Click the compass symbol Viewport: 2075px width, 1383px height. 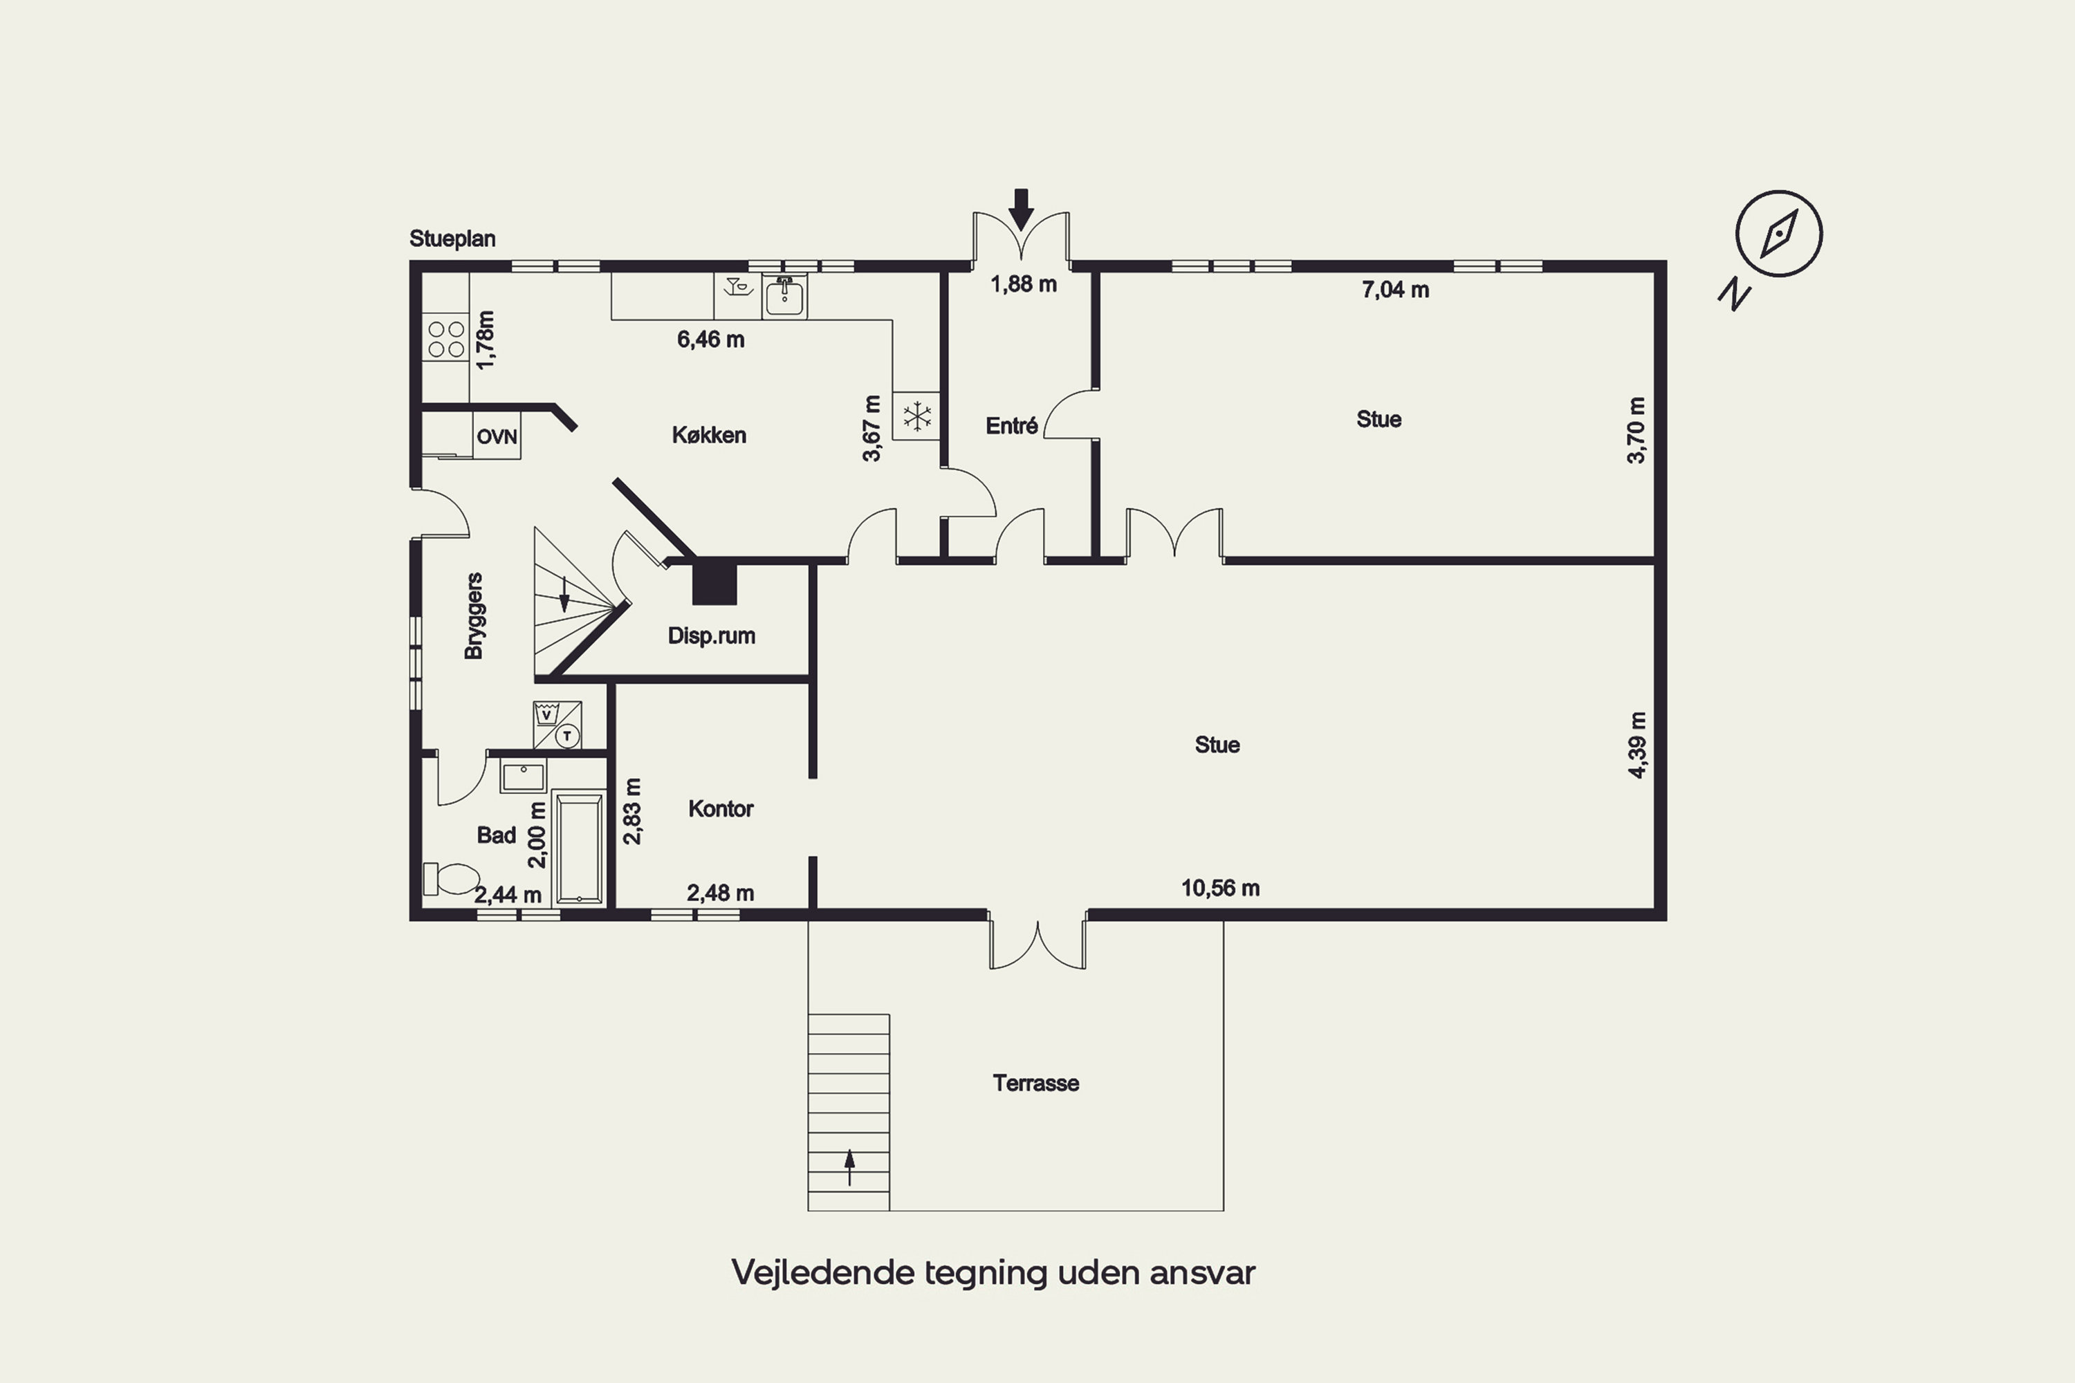1778,234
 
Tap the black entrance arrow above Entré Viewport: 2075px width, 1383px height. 1021,209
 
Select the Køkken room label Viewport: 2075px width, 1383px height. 710,435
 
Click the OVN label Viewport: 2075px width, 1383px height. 497,436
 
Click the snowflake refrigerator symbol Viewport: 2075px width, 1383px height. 916,416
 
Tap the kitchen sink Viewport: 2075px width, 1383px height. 784,297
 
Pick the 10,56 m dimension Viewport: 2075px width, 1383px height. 1220,888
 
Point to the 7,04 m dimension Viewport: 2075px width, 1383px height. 1395,289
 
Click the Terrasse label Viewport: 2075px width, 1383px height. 1035,1083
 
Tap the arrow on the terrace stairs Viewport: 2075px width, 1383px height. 849,1167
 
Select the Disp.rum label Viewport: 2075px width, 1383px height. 711,636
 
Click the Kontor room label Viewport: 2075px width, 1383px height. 721,809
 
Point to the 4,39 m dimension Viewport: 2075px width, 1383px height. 1636,745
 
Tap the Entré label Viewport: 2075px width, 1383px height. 1011,426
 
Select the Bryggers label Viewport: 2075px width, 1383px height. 474,615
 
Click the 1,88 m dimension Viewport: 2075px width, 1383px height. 1024,284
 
